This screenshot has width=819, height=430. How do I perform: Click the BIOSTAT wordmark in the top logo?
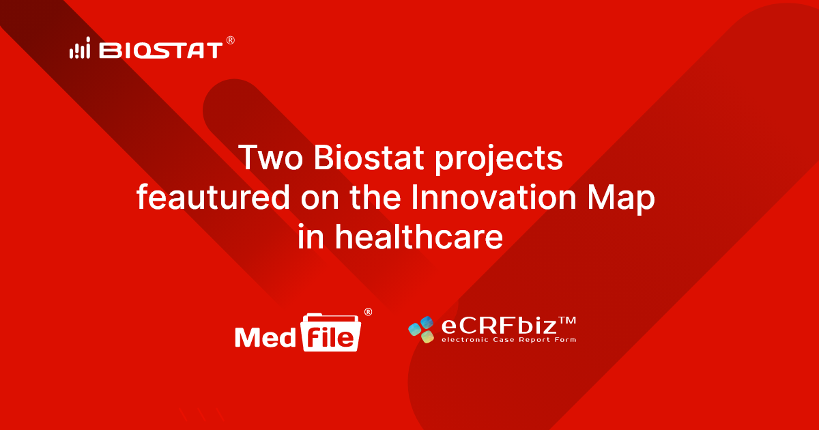(x=161, y=50)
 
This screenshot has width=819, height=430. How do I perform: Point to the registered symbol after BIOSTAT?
(x=230, y=41)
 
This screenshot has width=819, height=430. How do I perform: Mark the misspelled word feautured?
(x=205, y=197)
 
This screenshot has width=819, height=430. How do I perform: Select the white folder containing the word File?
(x=330, y=332)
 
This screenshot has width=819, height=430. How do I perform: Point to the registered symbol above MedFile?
(x=368, y=312)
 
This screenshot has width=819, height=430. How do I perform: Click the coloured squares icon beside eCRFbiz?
(x=421, y=330)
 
